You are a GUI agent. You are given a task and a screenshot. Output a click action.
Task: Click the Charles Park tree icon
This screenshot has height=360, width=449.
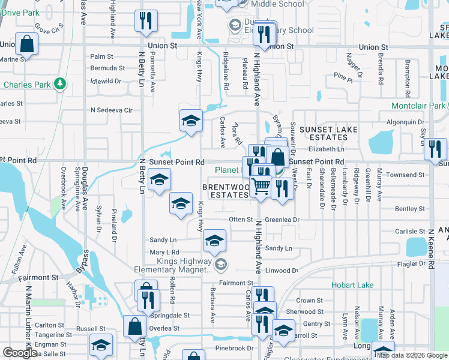pos(59,83)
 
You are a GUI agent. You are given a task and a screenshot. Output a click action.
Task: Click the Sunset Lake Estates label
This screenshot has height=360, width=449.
pos(328,133)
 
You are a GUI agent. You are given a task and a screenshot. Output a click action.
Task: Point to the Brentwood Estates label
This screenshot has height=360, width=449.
pos(225,191)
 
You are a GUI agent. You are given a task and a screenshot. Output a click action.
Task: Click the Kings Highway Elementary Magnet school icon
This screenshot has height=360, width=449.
pos(221,264)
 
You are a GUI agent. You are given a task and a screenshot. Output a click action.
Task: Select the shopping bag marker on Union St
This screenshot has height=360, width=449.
pos(26,43)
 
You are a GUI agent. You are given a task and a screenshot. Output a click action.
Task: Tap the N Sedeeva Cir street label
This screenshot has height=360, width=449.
pos(111,110)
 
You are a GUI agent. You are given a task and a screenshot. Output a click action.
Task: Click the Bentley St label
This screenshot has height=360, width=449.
pos(410,209)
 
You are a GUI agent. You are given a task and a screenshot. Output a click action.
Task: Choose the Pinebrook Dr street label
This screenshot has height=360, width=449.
pos(234,348)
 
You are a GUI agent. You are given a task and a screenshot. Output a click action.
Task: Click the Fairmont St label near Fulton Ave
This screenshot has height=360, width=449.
pos(38,278)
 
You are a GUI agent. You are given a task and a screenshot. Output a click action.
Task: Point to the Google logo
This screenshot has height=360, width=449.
pos(20,353)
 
